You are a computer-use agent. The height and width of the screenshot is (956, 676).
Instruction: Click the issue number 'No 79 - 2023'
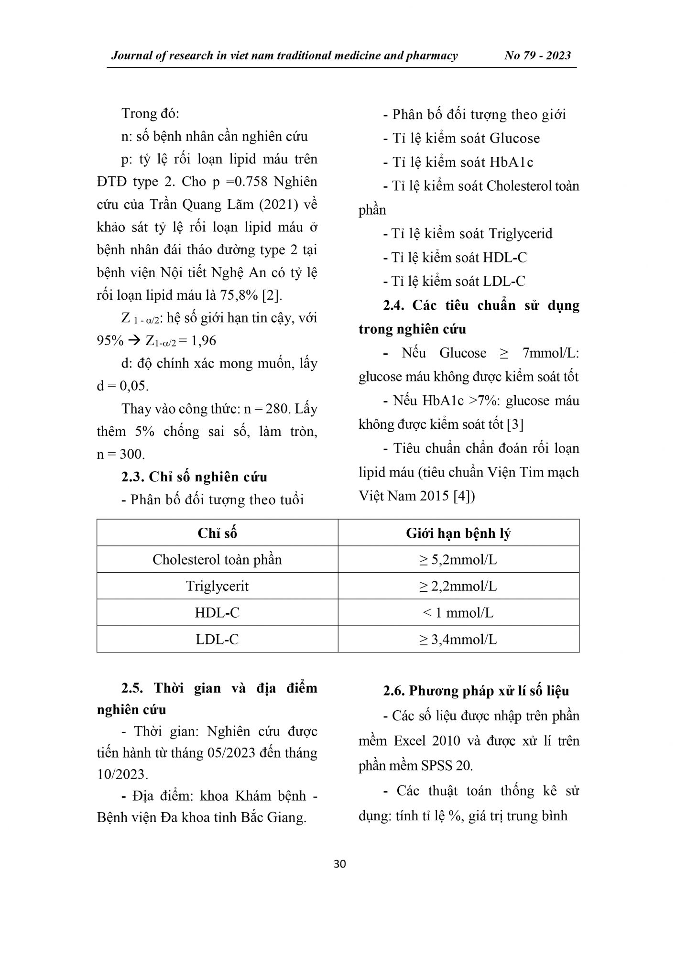537,55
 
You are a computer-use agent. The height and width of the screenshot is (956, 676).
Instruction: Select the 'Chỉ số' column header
217,533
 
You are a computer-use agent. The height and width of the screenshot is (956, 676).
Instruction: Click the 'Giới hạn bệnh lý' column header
458,533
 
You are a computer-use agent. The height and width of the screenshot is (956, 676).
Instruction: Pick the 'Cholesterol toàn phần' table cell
217,560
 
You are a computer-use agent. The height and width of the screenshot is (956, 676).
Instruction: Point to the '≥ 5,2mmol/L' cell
458,560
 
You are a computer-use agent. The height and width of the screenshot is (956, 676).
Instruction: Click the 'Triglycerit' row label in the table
217,586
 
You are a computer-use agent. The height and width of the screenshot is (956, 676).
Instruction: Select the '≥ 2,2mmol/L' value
458,586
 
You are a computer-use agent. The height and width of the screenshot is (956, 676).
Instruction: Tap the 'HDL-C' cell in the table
217,613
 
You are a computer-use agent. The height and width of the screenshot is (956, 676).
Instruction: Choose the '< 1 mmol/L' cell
458,613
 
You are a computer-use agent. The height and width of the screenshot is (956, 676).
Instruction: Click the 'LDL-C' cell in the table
217,640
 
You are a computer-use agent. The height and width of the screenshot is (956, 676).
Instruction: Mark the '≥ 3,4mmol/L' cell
458,640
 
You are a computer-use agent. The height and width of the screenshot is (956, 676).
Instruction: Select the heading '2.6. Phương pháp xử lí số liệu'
476,691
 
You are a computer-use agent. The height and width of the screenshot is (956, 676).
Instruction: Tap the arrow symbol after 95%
135,341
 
